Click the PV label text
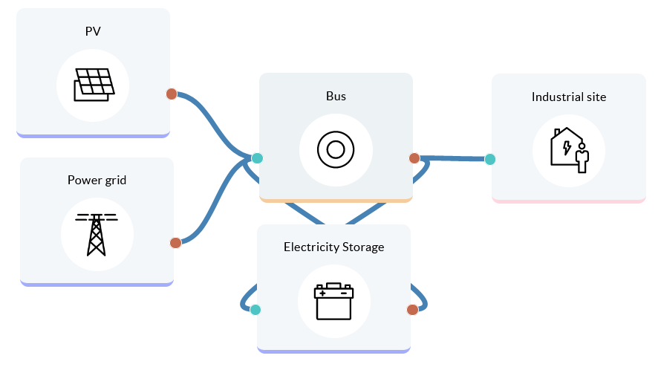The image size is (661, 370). coord(93,31)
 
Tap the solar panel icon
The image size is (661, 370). coord(94,85)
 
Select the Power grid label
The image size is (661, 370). coord(97,180)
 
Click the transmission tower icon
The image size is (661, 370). coord(97,234)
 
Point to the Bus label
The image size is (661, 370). coord(336,96)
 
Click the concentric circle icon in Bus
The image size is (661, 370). coord(336,150)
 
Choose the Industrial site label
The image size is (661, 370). coord(569,97)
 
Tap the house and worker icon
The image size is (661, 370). coord(569,150)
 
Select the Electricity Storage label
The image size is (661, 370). coord(334,247)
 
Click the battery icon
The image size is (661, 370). coord(334,301)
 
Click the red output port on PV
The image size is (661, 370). coord(172,94)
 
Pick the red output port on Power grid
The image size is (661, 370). coord(176,243)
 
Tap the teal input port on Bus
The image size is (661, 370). coord(257,158)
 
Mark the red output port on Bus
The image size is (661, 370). coord(414,158)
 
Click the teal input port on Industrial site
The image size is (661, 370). coord(490,159)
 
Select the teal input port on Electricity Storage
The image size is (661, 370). coord(255,310)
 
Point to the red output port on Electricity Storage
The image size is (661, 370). coord(412,310)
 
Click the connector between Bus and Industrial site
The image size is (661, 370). coord(453,158)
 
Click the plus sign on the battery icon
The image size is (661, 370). coord(322,293)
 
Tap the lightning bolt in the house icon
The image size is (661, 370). coord(567,147)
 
